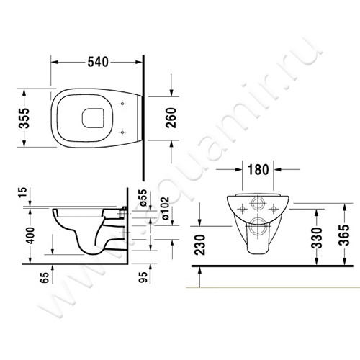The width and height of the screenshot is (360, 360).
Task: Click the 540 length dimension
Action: pyautogui.click(x=98, y=63)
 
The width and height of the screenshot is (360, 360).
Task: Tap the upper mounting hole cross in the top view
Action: pyautogui.click(x=126, y=104)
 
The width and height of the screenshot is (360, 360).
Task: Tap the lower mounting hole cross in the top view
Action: pyautogui.click(x=126, y=131)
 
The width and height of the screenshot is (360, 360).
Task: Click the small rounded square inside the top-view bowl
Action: pyautogui.click(x=94, y=117)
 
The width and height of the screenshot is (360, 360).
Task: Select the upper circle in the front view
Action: pyautogui.click(x=258, y=202)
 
